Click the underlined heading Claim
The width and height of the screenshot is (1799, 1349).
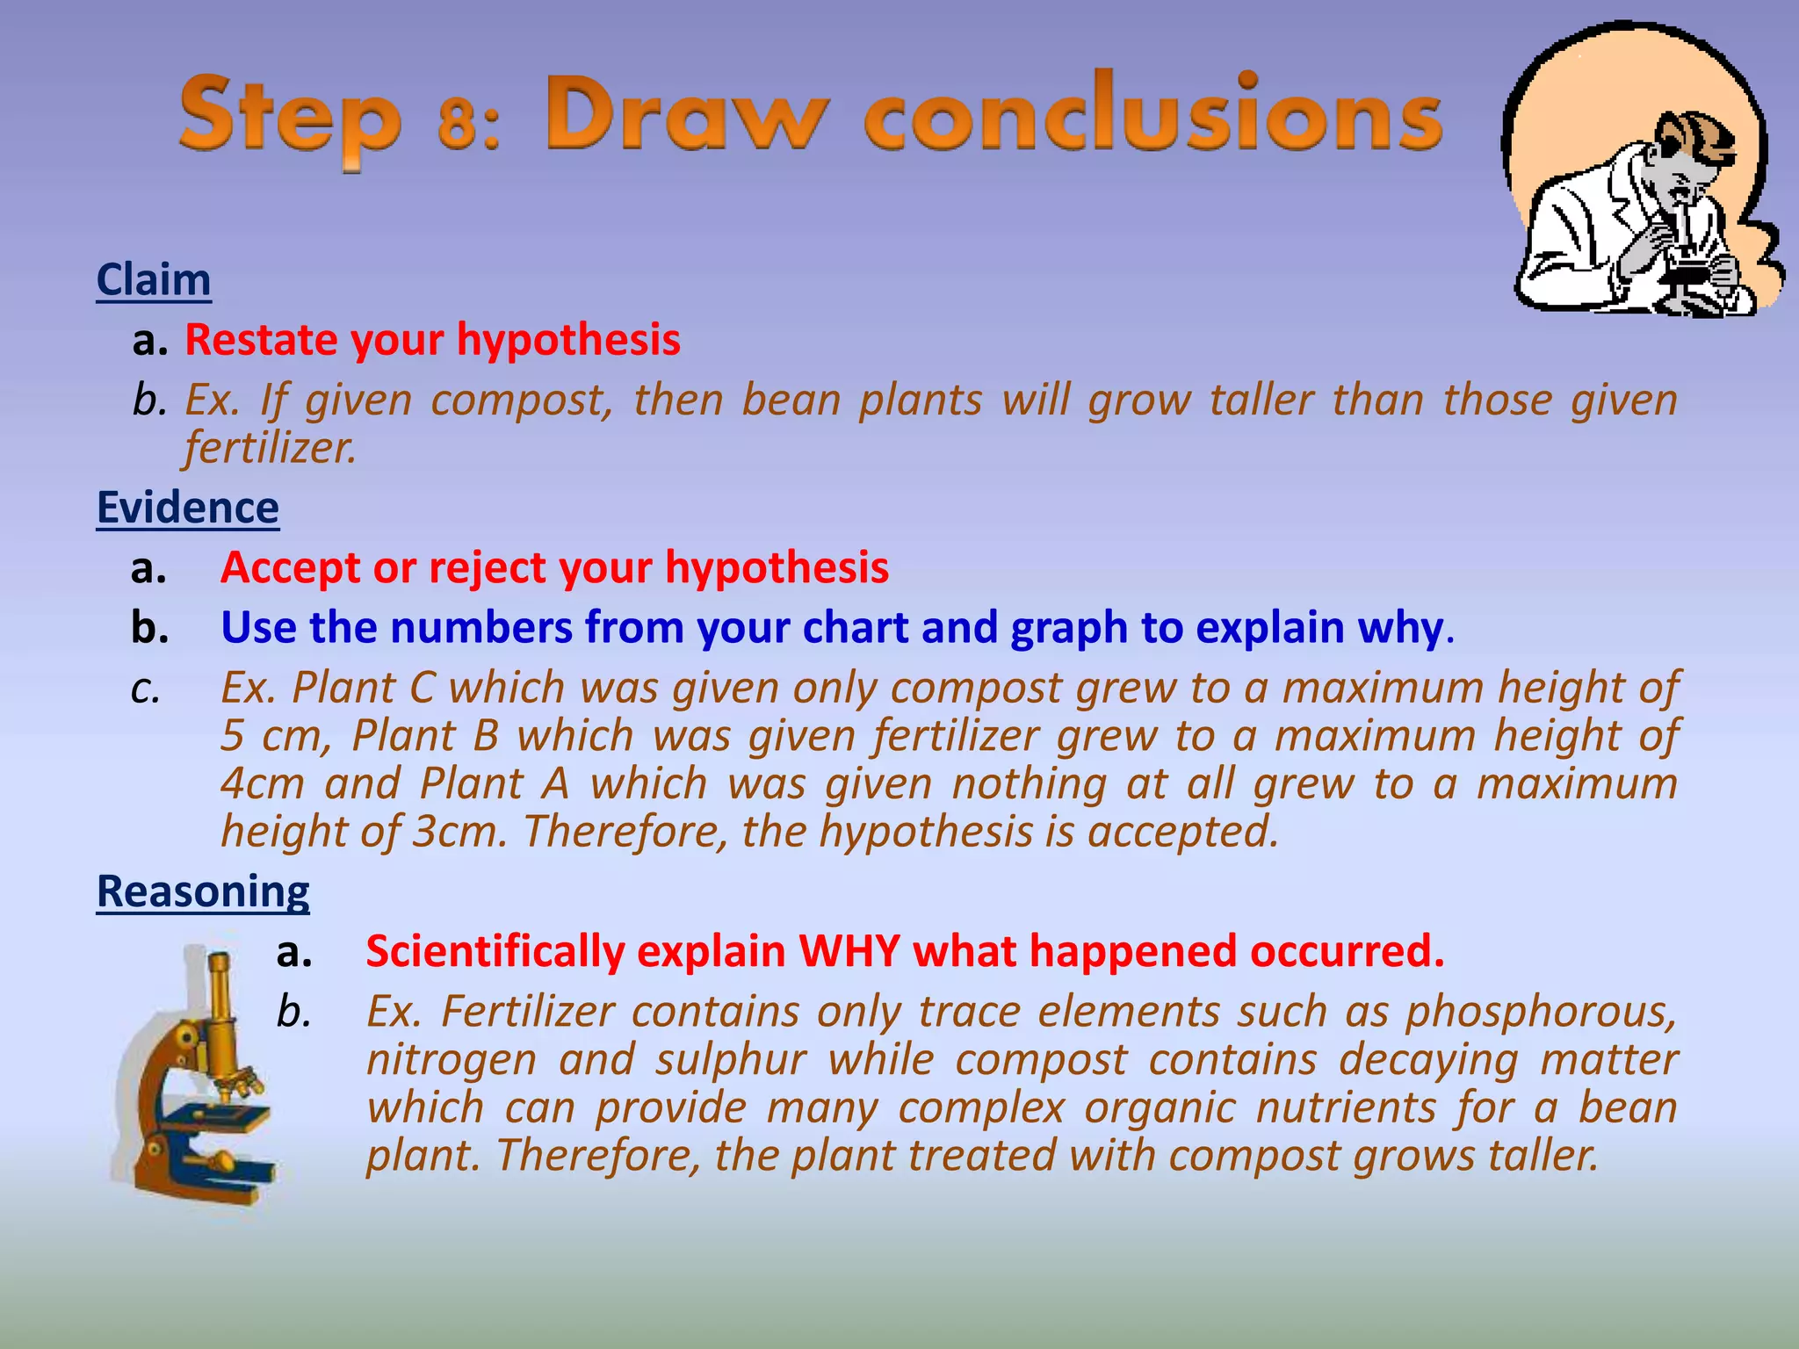pos(154,280)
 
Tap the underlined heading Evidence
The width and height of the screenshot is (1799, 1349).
pos(188,508)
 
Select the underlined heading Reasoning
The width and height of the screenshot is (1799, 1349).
pos(203,891)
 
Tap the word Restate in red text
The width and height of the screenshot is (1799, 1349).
pos(260,340)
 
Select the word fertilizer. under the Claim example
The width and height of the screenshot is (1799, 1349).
pos(271,448)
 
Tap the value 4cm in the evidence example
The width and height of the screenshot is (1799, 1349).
pos(262,783)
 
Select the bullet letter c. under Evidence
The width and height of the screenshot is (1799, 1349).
pos(146,689)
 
